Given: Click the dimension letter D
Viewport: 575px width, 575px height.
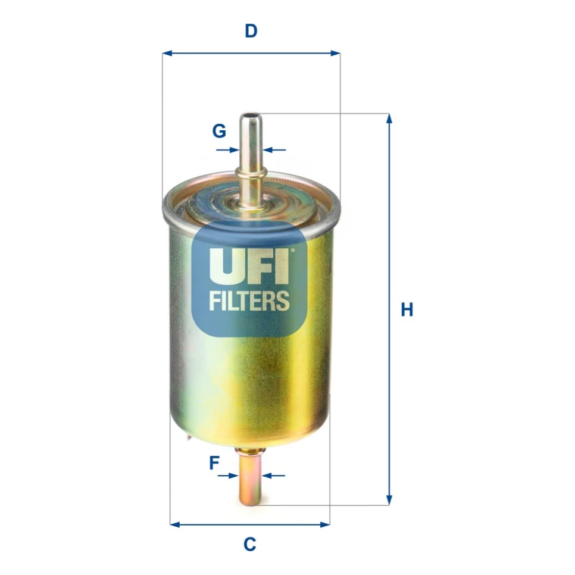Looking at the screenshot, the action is (x=251, y=31).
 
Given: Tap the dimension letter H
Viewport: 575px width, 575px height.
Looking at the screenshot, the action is (x=407, y=310).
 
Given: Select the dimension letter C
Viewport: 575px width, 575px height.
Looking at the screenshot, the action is (x=250, y=544).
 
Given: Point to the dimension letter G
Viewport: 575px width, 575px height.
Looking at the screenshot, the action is (x=219, y=131).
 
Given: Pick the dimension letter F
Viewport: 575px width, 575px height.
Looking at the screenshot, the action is (x=214, y=462).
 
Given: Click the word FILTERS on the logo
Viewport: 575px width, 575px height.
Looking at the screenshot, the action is (x=249, y=301).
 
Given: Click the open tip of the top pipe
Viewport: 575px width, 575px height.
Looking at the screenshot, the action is (x=250, y=116).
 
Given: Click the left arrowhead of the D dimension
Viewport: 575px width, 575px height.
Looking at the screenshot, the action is (x=167, y=54).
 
